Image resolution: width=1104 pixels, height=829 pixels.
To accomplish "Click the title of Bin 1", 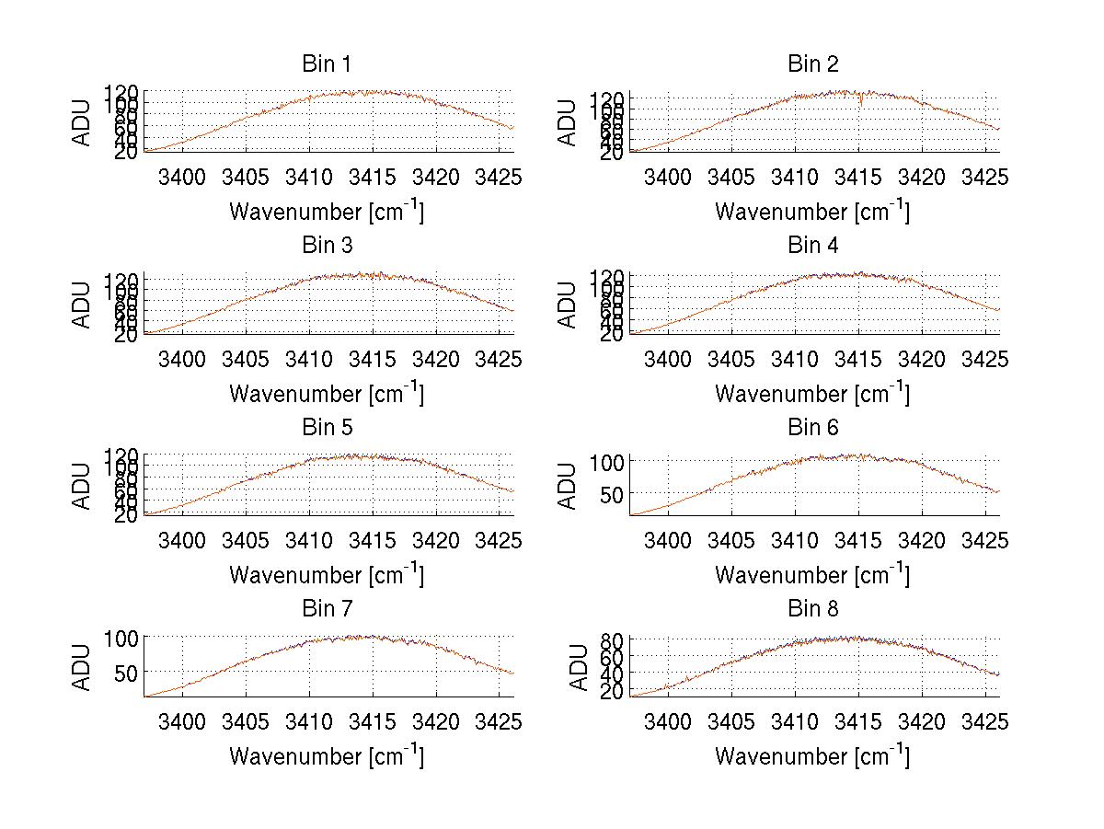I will click(327, 63).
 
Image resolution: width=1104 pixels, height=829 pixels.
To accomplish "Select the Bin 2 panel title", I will click(812, 63).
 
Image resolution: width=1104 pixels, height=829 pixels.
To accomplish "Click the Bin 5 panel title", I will click(327, 427).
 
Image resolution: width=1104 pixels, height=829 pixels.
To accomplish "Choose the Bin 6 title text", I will click(812, 427).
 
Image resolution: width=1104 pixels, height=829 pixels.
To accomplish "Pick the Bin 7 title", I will click(327, 608).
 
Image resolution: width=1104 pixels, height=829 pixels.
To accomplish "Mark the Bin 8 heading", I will click(812, 608).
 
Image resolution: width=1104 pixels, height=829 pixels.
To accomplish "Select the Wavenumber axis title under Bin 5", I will click(327, 575).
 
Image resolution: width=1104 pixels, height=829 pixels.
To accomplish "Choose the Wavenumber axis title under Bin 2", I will click(812, 212).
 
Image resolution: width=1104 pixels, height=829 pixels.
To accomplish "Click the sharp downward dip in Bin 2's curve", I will click(860, 103).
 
